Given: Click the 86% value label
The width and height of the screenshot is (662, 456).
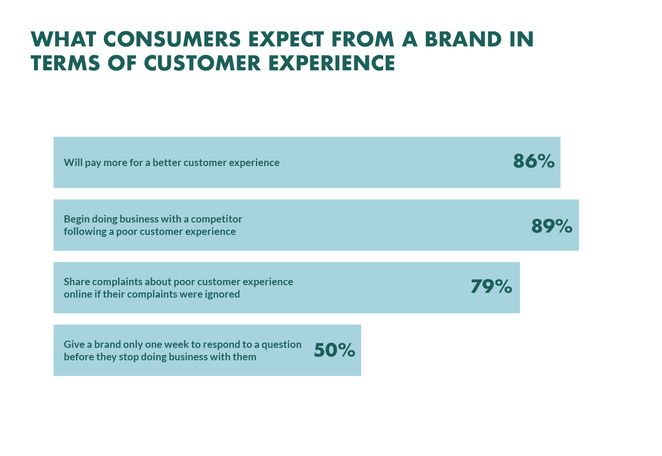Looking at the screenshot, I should [533, 161].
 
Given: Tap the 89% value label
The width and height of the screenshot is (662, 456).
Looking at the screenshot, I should [552, 226].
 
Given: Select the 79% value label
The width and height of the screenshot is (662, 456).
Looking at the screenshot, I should [491, 287].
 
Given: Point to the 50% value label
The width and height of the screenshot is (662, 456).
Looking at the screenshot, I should [334, 350].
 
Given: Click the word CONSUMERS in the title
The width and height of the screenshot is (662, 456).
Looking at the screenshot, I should [172, 39].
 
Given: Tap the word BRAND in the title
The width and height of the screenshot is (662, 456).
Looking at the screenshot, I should [463, 39].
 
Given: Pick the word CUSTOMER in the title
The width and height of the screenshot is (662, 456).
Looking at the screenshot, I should [202, 63].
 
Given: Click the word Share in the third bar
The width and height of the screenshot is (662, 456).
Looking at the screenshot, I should [77, 282].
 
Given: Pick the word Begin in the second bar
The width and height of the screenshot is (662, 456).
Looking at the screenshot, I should [77, 219].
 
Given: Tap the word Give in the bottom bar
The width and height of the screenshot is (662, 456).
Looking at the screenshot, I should [74, 345].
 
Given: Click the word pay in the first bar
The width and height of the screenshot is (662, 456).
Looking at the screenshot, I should [93, 163].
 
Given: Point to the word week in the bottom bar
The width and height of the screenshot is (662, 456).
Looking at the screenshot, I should [176, 345].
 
